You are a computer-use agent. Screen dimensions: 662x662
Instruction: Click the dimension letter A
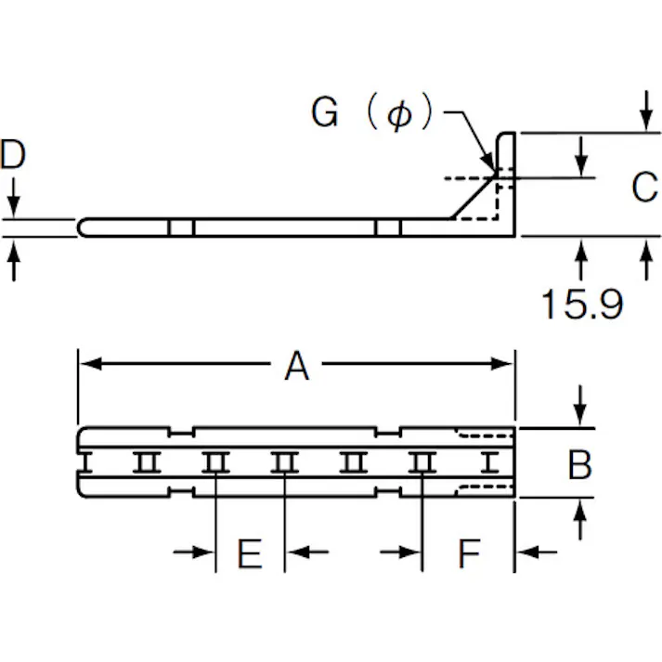[x=296, y=366]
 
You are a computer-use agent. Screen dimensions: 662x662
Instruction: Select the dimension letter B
[x=580, y=463]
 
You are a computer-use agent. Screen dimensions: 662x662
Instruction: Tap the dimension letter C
[x=643, y=187]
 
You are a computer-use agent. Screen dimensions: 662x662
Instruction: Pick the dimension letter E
[x=249, y=554]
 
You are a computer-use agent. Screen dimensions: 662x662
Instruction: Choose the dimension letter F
[x=469, y=554]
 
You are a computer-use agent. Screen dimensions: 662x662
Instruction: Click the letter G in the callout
[x=325, y=113]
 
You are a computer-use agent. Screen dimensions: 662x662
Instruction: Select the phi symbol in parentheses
[x=399, y=115]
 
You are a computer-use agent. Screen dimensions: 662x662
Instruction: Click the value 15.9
[x=581, y=304]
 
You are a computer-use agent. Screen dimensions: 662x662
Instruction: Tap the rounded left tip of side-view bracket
[x=82, y=227]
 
